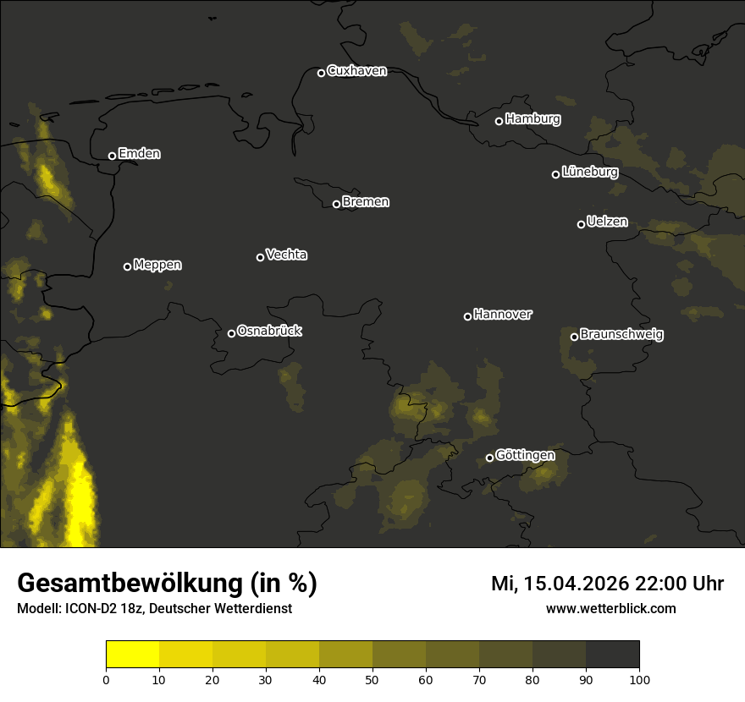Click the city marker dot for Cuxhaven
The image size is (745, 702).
click(x=321, y=73)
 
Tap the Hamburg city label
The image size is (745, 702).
click(x=533, y=119)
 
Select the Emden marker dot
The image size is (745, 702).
click(x=112, y=156)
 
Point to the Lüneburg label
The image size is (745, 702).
click(x=589, y=173)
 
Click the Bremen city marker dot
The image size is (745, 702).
click(x=336, y=204)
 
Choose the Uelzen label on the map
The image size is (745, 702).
click(x=607, y=222)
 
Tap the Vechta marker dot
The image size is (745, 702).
click(x=260, y=257)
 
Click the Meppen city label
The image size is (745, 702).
click(x=157, y=265)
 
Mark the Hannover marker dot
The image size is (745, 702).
click(x=467, y=316)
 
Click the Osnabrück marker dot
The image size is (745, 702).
click(x=231, y=333)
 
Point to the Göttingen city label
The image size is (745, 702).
click(x=525, y=456)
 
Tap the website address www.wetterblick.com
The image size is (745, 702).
click(x=610, y=608)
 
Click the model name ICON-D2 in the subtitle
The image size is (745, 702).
click(x=91, y=609)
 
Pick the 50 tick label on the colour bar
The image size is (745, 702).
click(x=372, y=678)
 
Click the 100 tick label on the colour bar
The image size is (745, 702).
click(x=639, y=678)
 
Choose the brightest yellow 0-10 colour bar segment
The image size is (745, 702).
click(x=132, y=654)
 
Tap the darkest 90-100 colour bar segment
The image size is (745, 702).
click(x=612, y=654)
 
